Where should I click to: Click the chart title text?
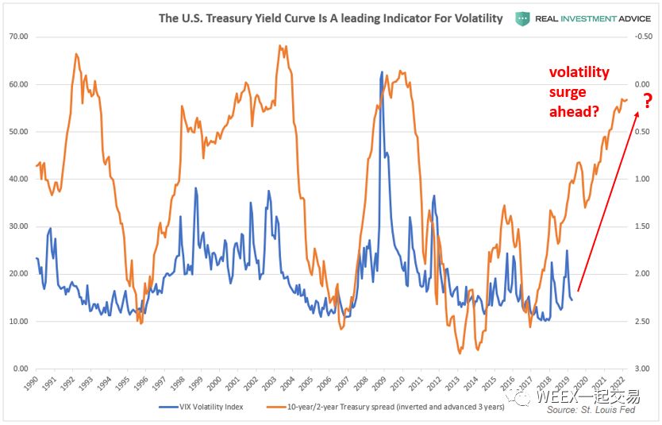click(331, 17)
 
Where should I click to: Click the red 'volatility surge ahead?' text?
click(579, 92)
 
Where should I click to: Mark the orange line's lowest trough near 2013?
click(460, 352)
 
